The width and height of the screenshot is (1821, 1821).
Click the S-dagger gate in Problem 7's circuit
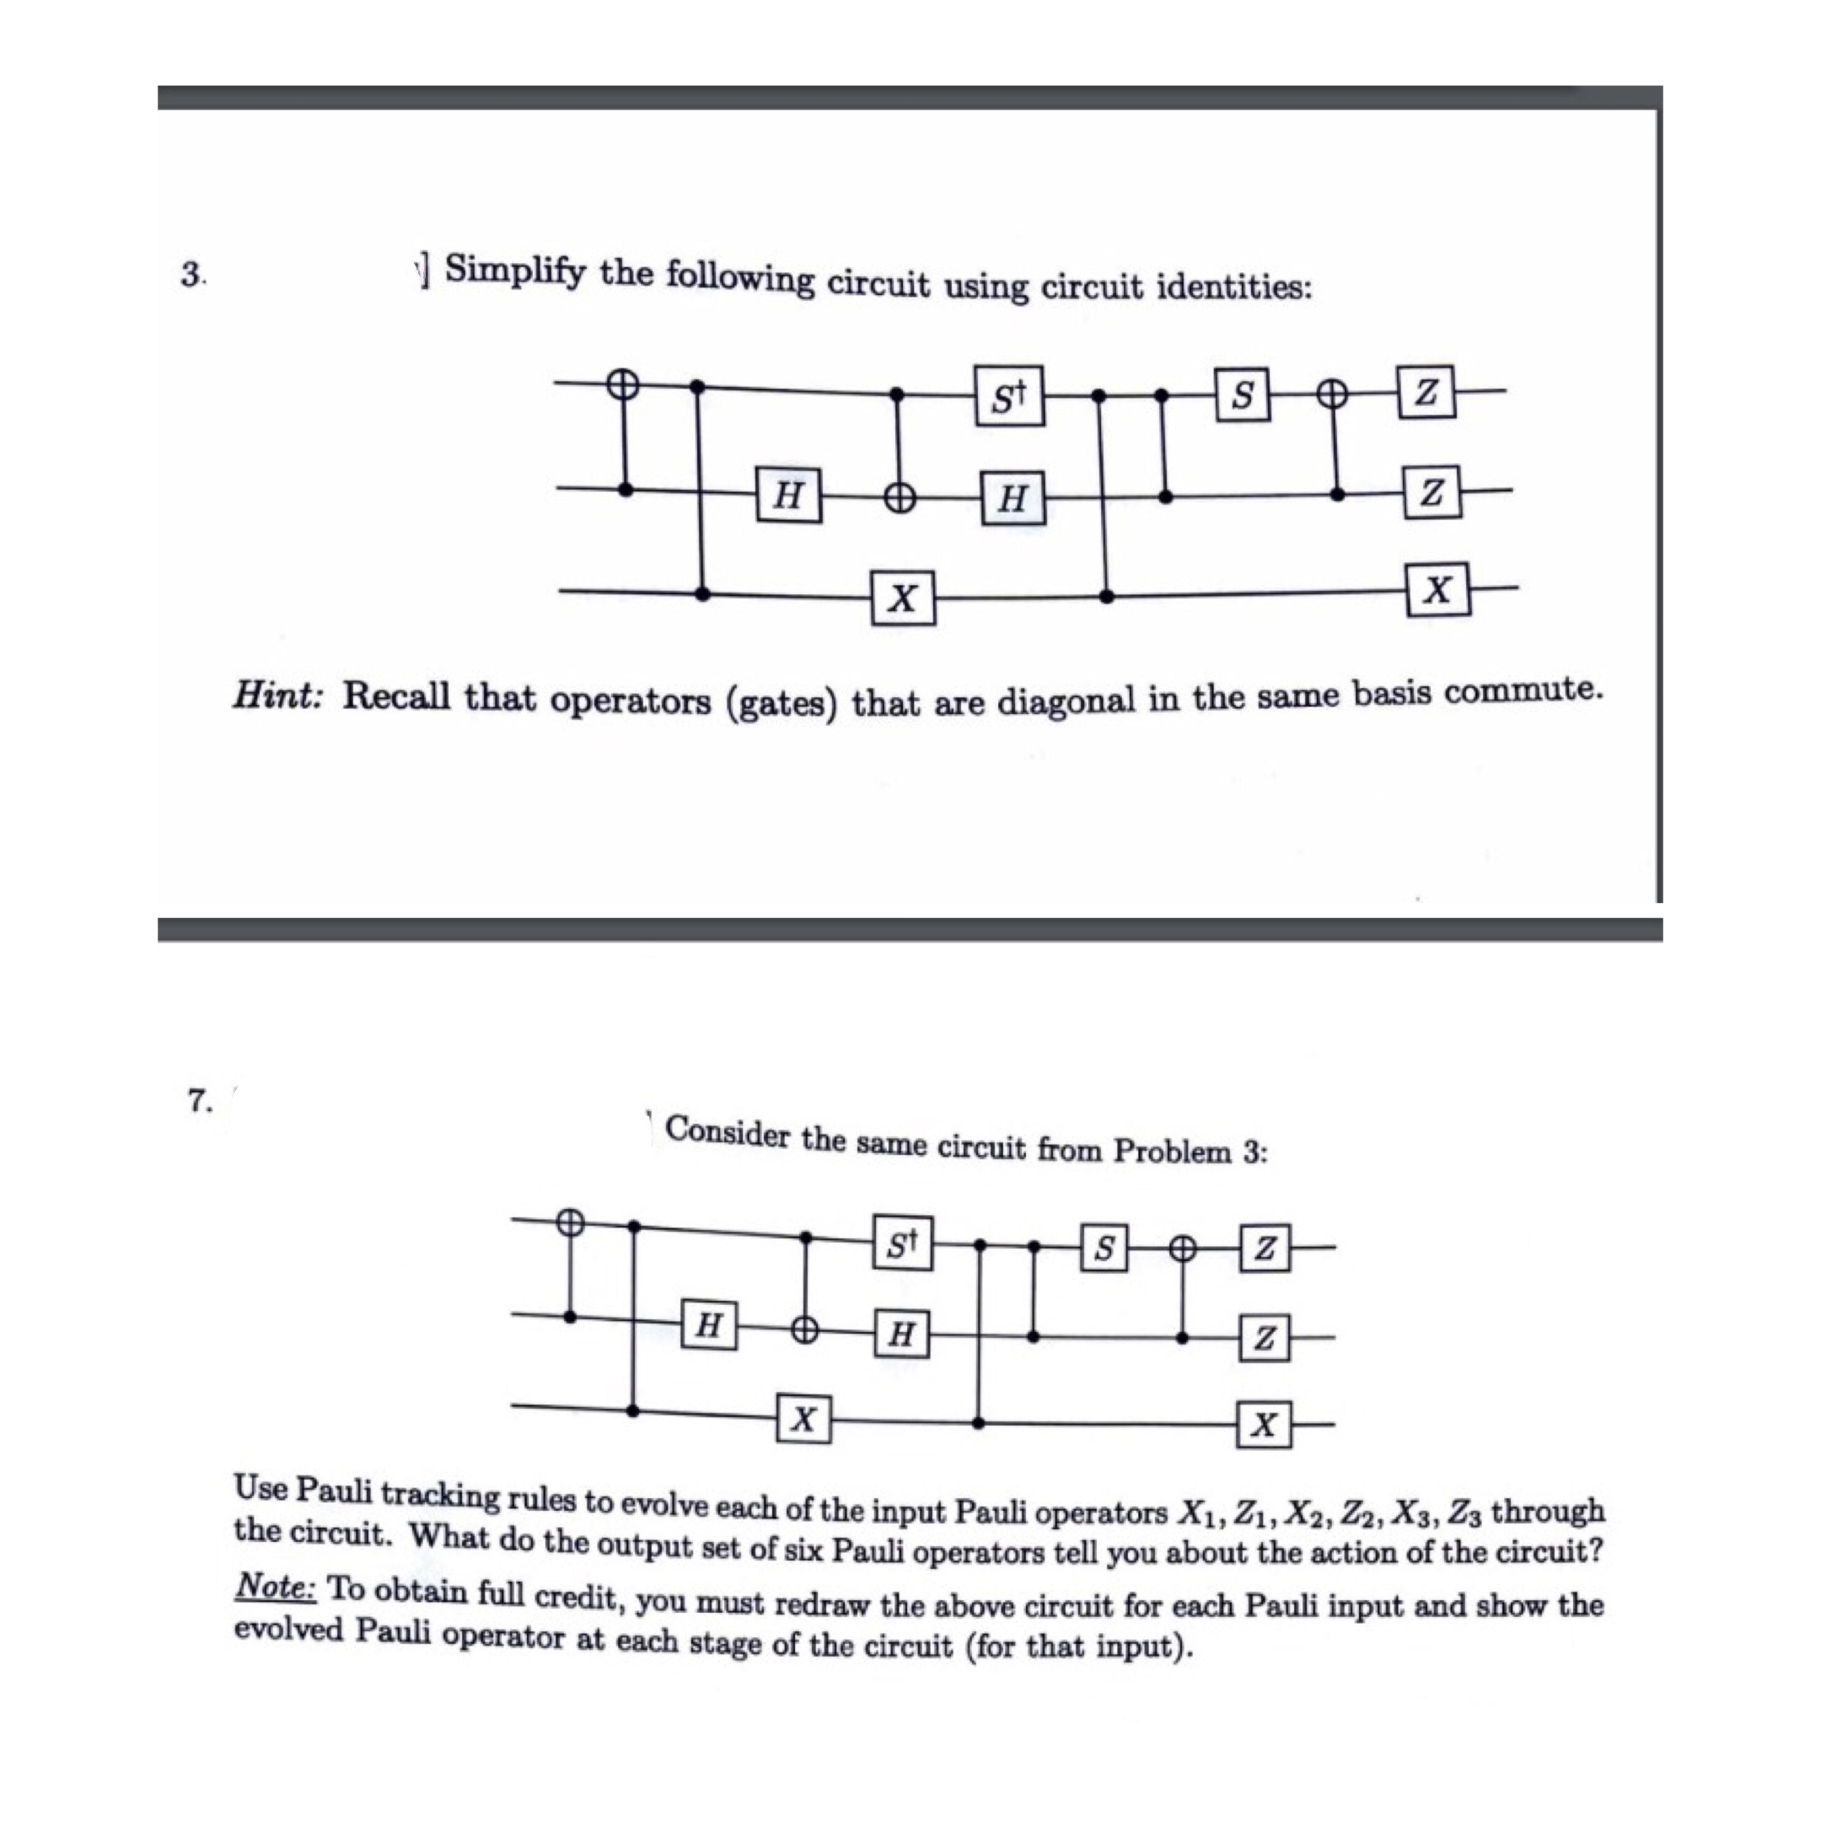click(x=902, y=1246)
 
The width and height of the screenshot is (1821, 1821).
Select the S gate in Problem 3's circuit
click(x=1243, y=395)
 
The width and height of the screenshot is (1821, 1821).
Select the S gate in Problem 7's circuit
click(x=1104, y=1248)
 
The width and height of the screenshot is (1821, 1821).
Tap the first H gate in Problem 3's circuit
click(x=788, y=495)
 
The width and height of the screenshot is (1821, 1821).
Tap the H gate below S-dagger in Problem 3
click(x=1012, y=497)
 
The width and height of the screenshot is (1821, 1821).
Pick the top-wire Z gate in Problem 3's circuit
click(x=1426, y=392)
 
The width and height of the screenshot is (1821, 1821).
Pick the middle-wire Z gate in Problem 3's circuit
click(x=1431, y=492)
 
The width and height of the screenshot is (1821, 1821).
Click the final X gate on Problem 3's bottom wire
click(x=1437, y=590)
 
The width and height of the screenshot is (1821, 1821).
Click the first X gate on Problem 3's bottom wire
click(x=902, y=598)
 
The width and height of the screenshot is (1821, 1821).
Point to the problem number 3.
click(x=192, y=275)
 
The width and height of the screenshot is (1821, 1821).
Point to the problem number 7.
click(x=200, y=1099)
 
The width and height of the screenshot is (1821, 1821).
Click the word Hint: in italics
click(x=279, y=696)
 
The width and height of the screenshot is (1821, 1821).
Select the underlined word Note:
click(x=277, y=1587)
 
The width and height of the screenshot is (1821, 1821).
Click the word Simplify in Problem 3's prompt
click(x=514, y=271)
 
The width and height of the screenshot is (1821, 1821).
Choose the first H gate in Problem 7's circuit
click(x=708, y=1326)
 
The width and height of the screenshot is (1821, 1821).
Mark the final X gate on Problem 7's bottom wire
click(x=1264, y=1424)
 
